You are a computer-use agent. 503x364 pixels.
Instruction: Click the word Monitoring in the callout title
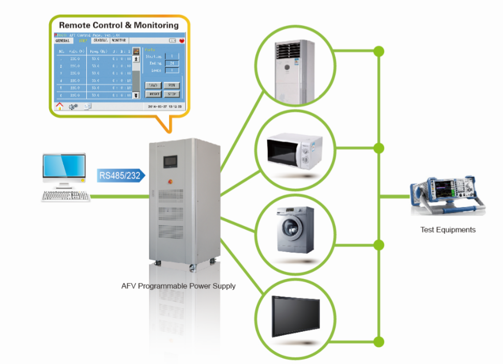154,25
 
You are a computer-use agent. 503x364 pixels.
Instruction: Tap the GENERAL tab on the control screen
63,40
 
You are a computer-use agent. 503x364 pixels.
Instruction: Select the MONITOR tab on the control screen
119,40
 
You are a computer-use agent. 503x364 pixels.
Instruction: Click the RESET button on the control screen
153,94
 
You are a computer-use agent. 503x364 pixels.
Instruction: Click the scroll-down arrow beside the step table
136,95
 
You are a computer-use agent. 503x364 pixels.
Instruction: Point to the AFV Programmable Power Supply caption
178,286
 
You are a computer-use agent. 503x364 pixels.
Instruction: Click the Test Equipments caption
448,230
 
